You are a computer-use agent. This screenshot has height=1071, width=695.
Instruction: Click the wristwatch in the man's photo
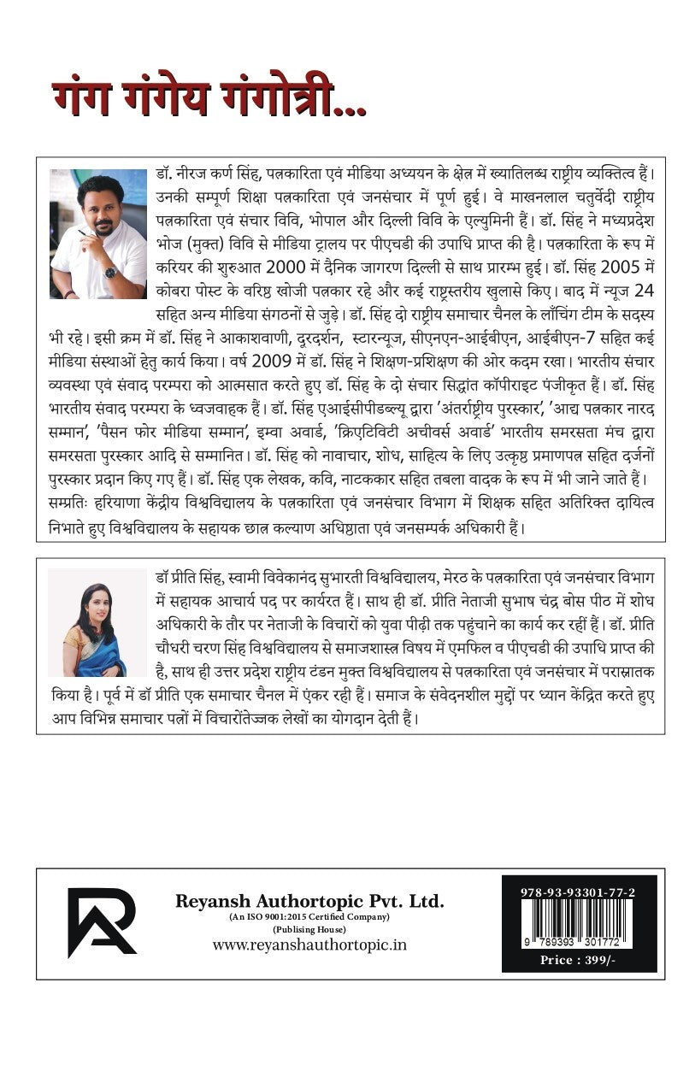tap(109, 273)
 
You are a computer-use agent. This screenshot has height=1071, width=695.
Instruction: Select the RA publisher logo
tap(102, 922)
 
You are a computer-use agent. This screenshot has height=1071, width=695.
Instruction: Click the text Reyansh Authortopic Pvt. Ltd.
tap(309, 900)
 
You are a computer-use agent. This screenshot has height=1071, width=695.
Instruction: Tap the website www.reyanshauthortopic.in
tap(309, 944)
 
